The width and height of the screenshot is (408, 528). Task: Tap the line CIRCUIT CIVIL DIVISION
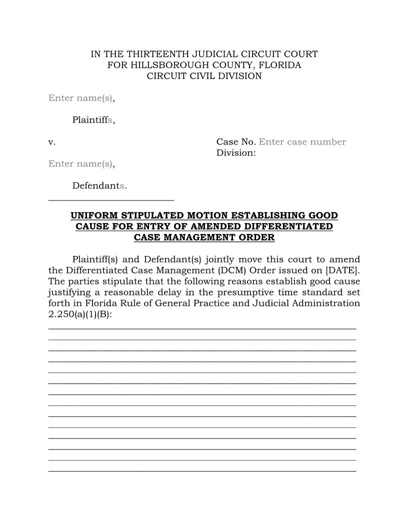(x=204, y=76)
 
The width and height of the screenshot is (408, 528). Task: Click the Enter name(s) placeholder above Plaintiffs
(x=81, y=98)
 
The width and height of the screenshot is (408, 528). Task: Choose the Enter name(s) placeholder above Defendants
(x=81, y=164)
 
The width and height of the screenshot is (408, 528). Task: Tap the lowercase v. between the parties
(x=52, y=142)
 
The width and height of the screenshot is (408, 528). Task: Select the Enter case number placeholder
(x=302, y=142)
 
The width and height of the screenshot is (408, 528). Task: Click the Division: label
(x=236, y=153)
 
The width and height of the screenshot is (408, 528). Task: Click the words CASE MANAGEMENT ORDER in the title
(x=204, y=237)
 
